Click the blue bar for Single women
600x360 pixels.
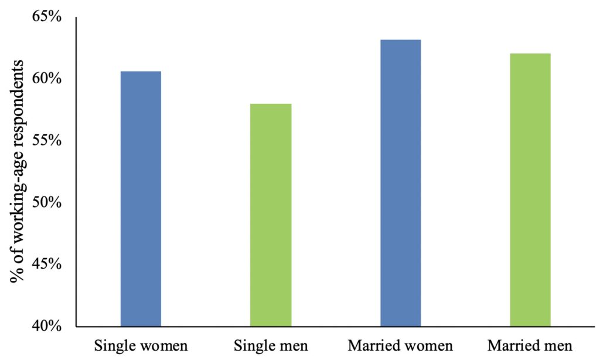[x=141, y=199]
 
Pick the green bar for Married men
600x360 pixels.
[x=530, y=190]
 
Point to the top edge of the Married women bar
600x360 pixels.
[x=401, y=40]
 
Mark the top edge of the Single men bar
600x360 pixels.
[x=271, y=104]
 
